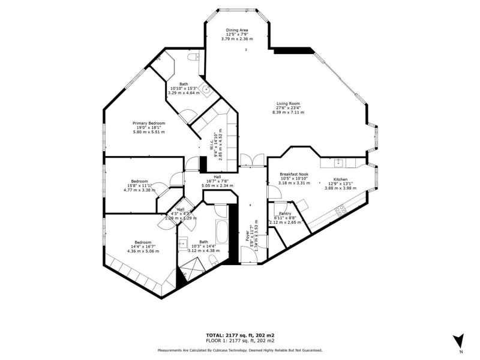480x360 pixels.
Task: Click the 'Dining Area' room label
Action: (237, 29)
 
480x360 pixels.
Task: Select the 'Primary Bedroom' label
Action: (149, 123)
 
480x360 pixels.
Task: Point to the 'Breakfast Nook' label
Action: (294, 175)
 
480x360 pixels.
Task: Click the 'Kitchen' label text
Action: (340, 179)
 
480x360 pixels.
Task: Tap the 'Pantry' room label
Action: (285, 213)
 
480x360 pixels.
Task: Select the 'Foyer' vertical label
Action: (247, 234)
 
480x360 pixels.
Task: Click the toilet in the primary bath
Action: (192, 58)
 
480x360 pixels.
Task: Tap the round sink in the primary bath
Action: (206, 91)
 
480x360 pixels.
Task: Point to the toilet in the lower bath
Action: (213, 259)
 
